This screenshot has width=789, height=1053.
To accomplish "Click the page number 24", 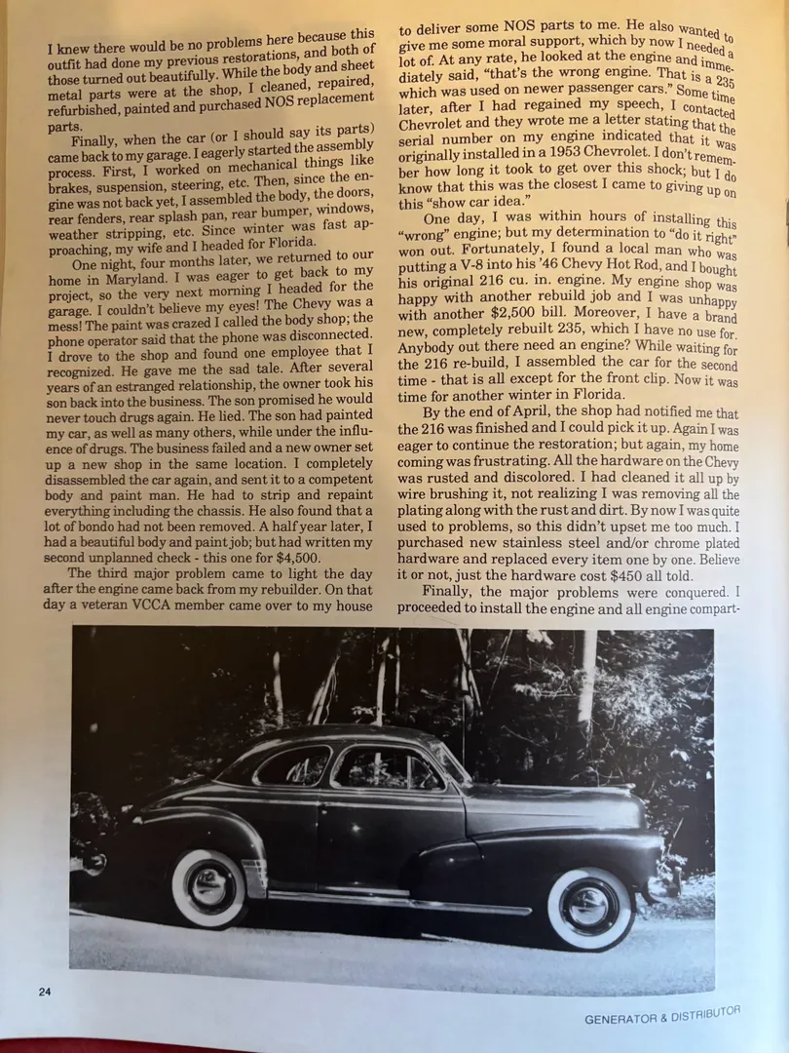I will click(45, 992).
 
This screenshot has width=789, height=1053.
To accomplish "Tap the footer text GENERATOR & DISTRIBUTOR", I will click(662, 1016).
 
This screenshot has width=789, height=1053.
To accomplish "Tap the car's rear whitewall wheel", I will click(209, 886).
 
